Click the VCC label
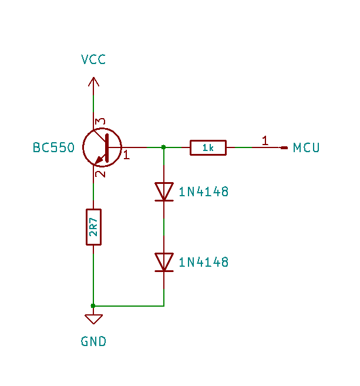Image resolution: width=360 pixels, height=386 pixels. pos(93,59)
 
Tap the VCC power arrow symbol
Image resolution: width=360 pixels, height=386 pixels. pos(93,82)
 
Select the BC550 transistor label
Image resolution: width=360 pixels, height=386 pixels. pos(53,147)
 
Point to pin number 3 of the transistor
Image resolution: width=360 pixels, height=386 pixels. pos(100,122)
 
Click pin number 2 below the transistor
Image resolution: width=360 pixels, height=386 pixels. pos(100,174)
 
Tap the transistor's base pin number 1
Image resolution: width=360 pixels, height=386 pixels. pos(126,155)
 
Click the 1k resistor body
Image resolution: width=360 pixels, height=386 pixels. pos(208,147)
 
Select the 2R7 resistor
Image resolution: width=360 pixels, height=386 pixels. pos(93,227)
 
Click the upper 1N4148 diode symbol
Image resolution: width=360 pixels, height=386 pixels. pos(164,192)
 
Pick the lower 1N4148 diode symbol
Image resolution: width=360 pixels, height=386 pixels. pos(164,262)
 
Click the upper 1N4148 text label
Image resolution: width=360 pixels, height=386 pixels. pos(204,192)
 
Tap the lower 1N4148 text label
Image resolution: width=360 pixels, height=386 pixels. pos(204,262)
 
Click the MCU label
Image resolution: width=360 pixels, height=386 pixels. pos(307,147)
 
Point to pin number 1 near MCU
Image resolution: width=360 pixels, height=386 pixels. pos(265,140)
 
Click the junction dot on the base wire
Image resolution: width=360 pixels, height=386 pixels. pos(164,147)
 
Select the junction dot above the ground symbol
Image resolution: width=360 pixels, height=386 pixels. pos(93,306)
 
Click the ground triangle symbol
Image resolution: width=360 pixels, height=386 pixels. pos(93,319)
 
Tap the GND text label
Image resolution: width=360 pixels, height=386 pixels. pos(93,341)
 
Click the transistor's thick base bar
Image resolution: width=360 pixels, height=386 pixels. pos(107,147)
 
